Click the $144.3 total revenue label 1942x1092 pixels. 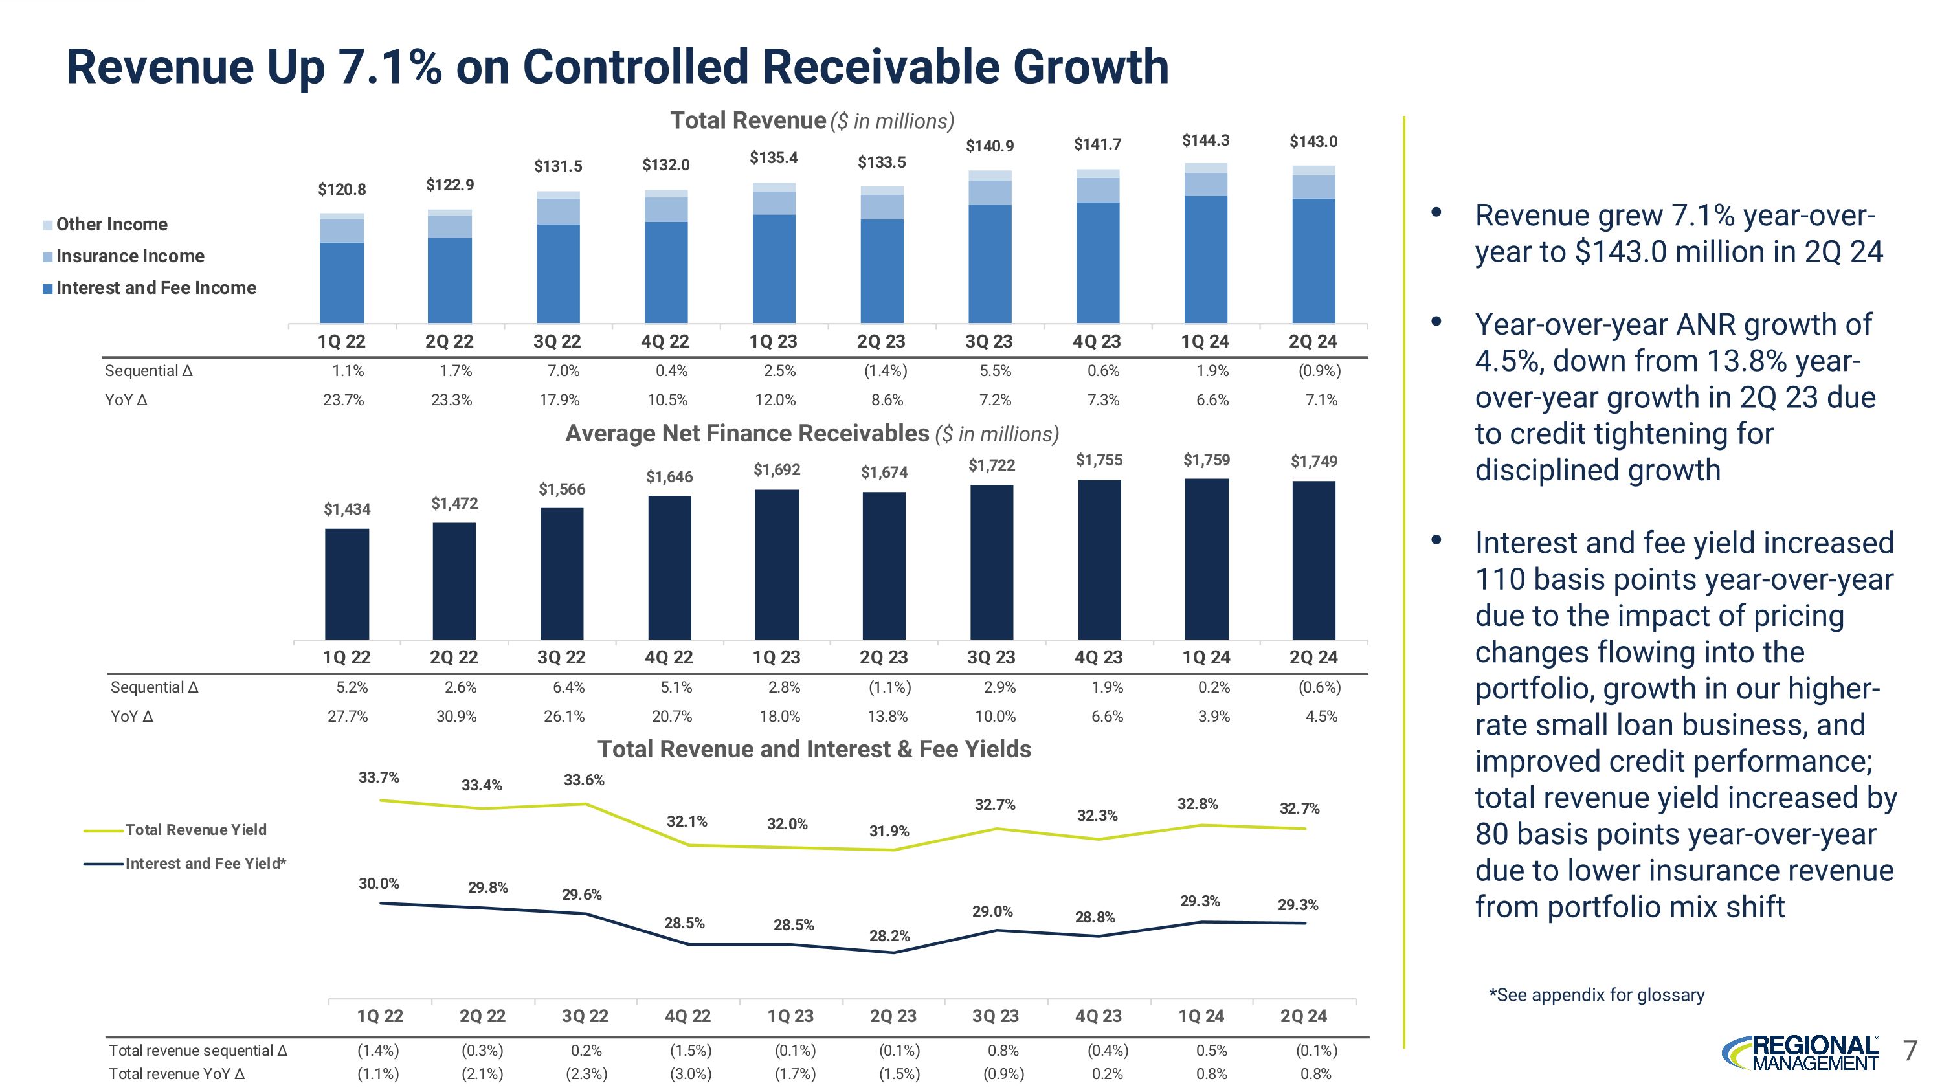[1205, 140]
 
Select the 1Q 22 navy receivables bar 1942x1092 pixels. [347, 583]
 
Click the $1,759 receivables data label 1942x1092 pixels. [1206, 460]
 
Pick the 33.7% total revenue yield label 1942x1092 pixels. [379, 777]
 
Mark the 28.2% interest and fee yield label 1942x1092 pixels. [889, 936]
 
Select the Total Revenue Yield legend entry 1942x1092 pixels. [195, 830]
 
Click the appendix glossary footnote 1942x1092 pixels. [1596, 995]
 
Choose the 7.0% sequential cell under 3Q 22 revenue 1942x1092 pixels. [563, 371]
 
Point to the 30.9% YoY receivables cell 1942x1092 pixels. [456, 716]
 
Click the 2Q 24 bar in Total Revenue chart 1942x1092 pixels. [1313, 245]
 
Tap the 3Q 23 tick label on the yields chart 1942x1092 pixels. [995, 1016]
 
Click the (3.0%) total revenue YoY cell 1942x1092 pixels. [691, 1074]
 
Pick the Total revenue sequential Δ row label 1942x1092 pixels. [197, 1051]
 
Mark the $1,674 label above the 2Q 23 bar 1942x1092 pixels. [884, 473]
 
